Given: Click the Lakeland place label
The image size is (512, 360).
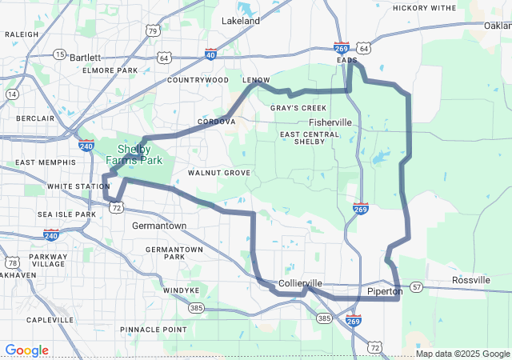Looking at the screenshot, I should (241, 20).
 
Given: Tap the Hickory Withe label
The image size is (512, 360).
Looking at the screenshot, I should (424, 8).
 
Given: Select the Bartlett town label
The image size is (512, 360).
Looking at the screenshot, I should (86, 58).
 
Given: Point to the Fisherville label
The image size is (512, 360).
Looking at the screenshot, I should (330, 122).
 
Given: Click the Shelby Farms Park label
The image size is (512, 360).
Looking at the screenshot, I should (140, 154).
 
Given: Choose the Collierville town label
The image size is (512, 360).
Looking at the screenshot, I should (301, 284).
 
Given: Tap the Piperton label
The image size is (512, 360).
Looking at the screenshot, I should (385, 291).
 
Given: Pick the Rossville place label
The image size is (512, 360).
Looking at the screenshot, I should (470, 280).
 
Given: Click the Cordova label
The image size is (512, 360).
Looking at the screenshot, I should (216, 122).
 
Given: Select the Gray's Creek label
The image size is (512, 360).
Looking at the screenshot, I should (298, 107).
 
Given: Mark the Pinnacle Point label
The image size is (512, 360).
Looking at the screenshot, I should (153, 330).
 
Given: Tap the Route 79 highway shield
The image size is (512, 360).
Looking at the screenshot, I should (153, 31).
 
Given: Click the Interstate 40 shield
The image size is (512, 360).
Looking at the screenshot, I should (210, 54).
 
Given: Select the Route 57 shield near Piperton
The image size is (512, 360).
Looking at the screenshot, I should (416, 286).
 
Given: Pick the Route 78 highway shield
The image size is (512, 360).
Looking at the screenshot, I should (12, 262).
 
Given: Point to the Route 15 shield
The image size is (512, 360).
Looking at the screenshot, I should (59, 54).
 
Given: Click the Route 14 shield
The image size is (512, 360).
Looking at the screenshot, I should (12, 94).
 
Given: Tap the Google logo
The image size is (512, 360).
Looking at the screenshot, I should (26, 350).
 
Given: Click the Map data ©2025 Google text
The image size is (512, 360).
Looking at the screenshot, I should (462, 354).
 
